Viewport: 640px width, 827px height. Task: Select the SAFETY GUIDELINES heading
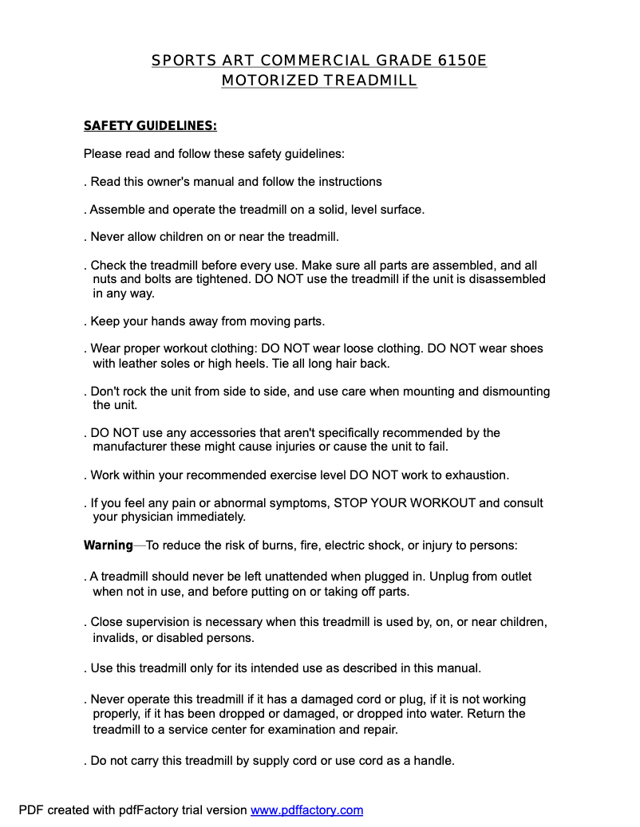pos(150,126)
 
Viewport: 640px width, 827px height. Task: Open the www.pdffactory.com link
pos(306,810)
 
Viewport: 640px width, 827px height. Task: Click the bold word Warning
pos(108,545)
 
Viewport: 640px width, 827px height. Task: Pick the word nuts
pos(105,279)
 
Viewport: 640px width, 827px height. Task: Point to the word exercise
pos(282,475)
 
